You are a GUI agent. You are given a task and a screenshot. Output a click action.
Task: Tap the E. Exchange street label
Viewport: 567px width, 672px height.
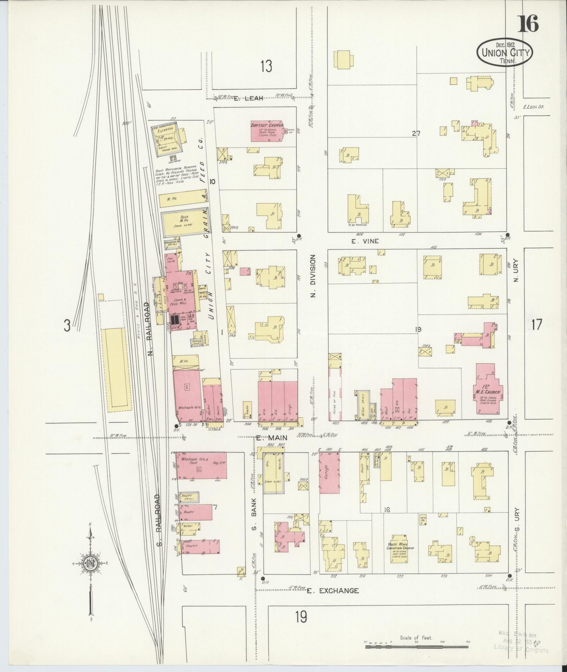(x=333, y=591)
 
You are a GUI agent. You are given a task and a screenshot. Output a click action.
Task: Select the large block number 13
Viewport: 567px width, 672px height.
(x=266, y=66)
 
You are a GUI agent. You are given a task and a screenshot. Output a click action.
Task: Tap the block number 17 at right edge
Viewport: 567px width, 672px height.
(x=536, y=324)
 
